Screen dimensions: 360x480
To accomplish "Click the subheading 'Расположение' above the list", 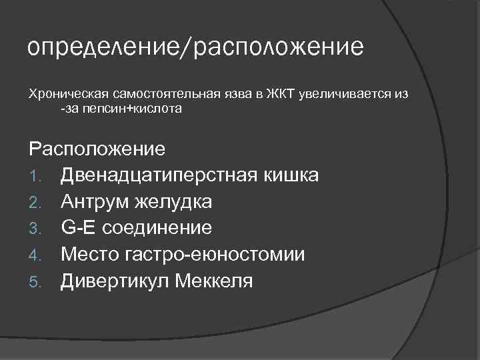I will click(97, 147).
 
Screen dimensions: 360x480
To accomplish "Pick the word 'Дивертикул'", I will click(115, 281).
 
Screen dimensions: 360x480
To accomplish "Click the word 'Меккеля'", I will click(214, 281).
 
